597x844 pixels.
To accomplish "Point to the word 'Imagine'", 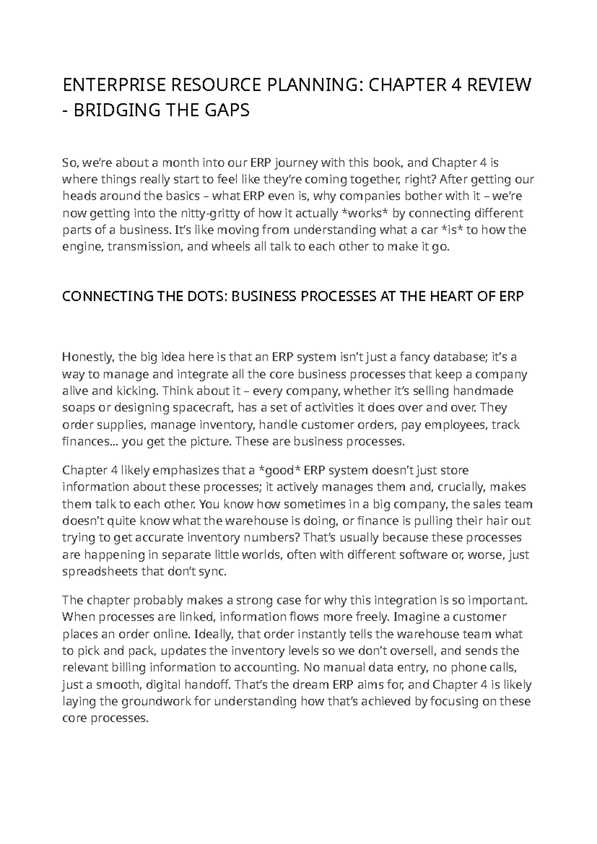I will [x=415, y=618].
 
